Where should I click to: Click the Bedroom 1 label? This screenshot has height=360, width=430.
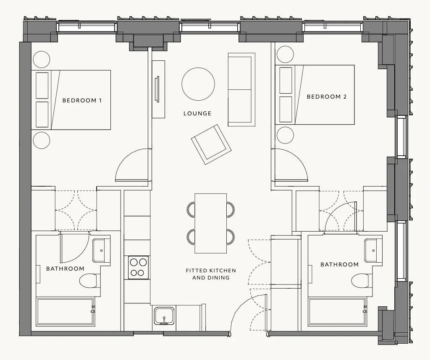(82, 101)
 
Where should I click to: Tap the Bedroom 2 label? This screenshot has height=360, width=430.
(327, 97)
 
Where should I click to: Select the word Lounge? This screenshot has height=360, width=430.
(197, 113)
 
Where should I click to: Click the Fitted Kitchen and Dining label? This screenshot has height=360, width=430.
(211, 274)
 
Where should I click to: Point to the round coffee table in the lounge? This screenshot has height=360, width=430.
(198, 84)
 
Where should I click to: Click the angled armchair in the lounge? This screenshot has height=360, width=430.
(211, 144)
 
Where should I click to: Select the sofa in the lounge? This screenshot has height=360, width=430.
(241, 90)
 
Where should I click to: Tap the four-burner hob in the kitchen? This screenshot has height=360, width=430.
(139, 267)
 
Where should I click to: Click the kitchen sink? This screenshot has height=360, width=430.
(164, 316)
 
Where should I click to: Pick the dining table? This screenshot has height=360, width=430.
(211, 223)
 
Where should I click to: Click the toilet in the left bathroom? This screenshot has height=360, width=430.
(88, 281)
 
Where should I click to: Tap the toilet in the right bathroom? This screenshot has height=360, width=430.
(360, 281)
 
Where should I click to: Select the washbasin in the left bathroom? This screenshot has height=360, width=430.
(101, 250)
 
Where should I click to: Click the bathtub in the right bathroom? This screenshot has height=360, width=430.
(337, 312)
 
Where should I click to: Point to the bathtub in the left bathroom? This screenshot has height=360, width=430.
(65, 312)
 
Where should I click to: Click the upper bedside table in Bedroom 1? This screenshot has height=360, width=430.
(42, 60)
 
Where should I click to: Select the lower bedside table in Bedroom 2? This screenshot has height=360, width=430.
(285, 135)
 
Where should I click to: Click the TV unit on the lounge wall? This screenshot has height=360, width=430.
(158, 89)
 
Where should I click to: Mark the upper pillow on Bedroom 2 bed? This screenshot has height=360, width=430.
(286, 80)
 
